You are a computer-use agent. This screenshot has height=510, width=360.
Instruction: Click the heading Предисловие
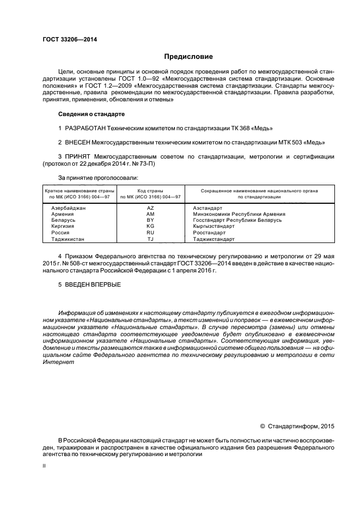pos(188,57)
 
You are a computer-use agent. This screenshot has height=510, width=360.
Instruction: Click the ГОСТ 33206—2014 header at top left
pos(66,39)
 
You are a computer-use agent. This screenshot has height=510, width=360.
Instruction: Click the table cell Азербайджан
pos(68,208)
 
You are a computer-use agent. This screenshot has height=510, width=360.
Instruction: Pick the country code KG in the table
pos(151,226)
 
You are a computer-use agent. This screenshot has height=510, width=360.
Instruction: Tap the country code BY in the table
pos(151,220)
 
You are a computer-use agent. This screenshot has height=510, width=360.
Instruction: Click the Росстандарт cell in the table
pos(210,232)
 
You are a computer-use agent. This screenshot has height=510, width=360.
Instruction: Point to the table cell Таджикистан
pos(68,239)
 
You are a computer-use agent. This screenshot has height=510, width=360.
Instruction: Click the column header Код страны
pos(151,191)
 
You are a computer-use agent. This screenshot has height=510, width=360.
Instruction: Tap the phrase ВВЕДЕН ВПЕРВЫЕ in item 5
pos(93,284)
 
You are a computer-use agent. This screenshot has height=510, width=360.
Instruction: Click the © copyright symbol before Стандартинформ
pos(263,426)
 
